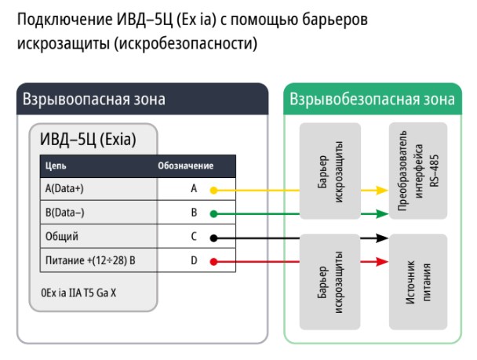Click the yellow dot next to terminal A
pyautogui.click(x=213, y=189)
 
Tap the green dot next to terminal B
pyautogui.click(x=213, y=213)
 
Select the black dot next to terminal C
pyautogui.click(x=213, y=236)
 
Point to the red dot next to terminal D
pyautogui.click(x=213, y=260)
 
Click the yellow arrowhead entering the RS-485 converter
pyautogui.click(x=383, y=189)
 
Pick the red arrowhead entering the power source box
pyautogui.click(x=383, y=260)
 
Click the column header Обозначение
pyautogui.click(x=186, y=166)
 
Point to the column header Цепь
pyautogui.click(x=56, y=166)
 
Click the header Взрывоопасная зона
pyautogui.click(x=93, y=100)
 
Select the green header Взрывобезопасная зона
pyautogui.click(x=372, y=100)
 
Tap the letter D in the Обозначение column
pyautogui.click(x=193, y=260)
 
